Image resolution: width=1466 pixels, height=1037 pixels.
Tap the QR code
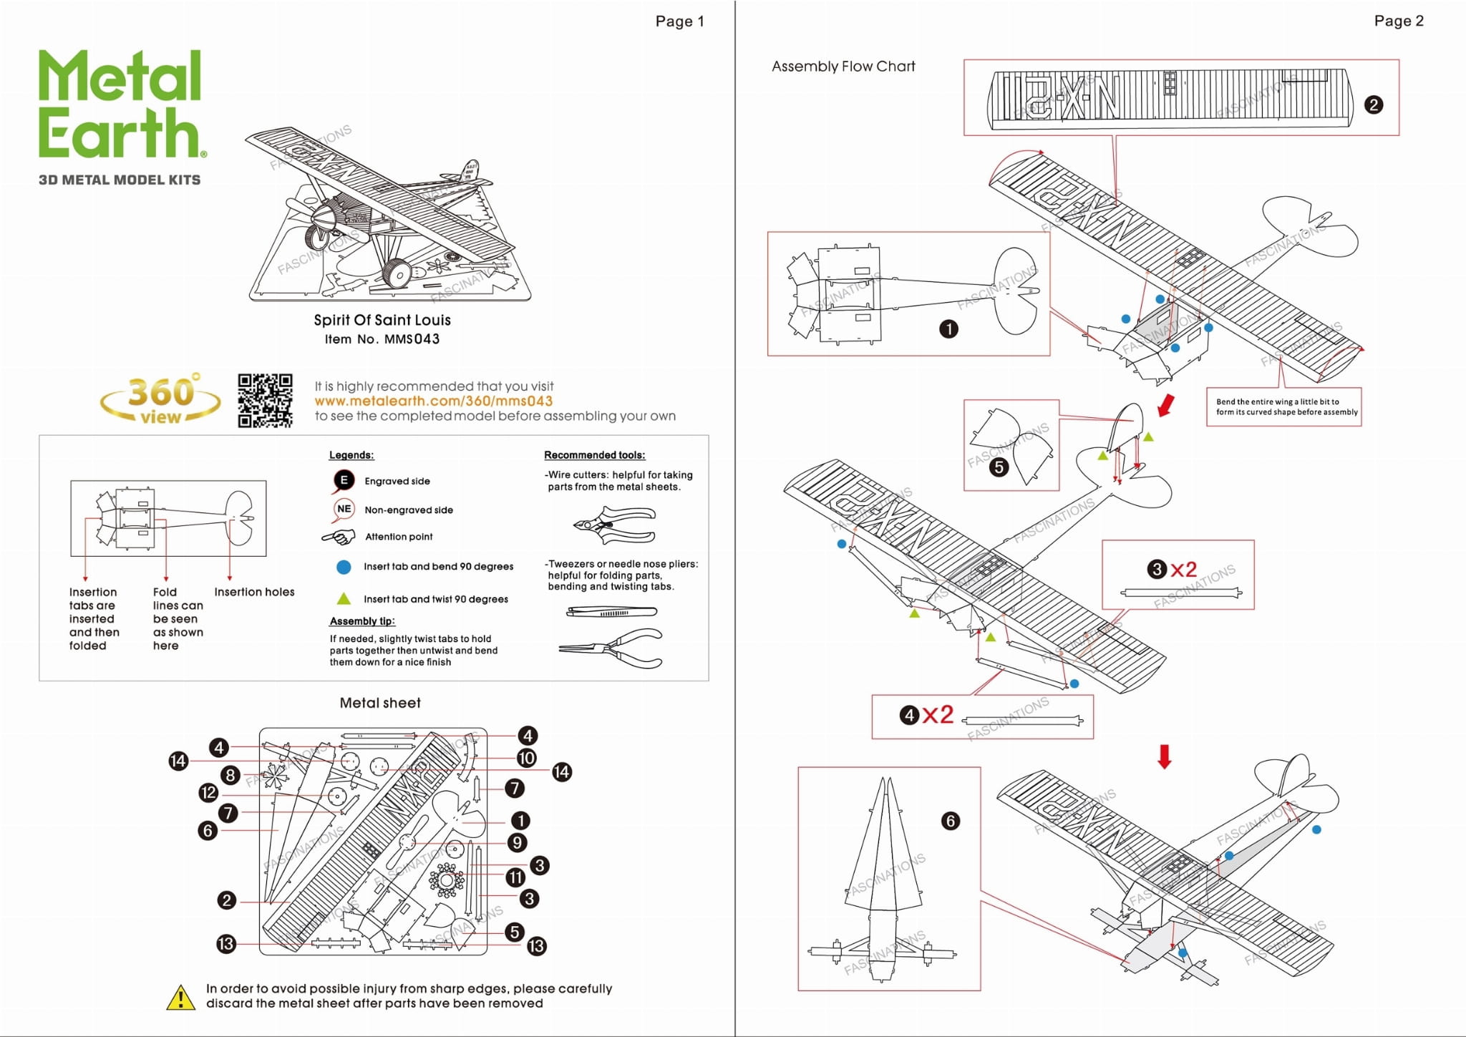[x=265, y=401]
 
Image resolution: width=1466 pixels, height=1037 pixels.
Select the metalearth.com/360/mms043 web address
[x=433, y=401]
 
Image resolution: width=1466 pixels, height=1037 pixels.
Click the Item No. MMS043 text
[x=382, y=339]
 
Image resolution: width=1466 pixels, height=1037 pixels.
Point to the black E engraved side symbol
[x=344, y=480]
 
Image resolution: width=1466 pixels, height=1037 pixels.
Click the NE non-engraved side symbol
[x=344, y=509]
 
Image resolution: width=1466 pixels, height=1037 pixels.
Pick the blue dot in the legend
[x=344, y=567]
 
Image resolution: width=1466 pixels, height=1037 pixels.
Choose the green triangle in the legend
[x=344, y=598]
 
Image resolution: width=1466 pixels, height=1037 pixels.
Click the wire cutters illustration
[x=615, y=525]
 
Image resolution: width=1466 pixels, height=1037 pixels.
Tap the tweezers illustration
[x=611, y=612]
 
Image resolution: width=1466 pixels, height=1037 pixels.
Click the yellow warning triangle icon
[x=180, y=997]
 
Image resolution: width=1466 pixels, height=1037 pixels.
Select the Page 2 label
[x=1398, y=21]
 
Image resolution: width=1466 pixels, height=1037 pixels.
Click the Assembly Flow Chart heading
[x=843, y=67]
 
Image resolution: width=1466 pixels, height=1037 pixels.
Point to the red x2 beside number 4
[x=938, y=714]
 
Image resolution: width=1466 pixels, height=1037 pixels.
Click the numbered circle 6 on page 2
[x=951, y=821]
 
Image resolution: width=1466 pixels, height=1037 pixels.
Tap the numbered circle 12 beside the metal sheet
[x=208, y=792]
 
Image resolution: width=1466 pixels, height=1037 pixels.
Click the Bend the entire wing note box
[x=1284, y=407]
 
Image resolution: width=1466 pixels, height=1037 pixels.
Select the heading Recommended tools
[x=594, y=455]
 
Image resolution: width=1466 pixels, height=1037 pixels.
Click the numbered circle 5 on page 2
[x=999, y=467]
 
